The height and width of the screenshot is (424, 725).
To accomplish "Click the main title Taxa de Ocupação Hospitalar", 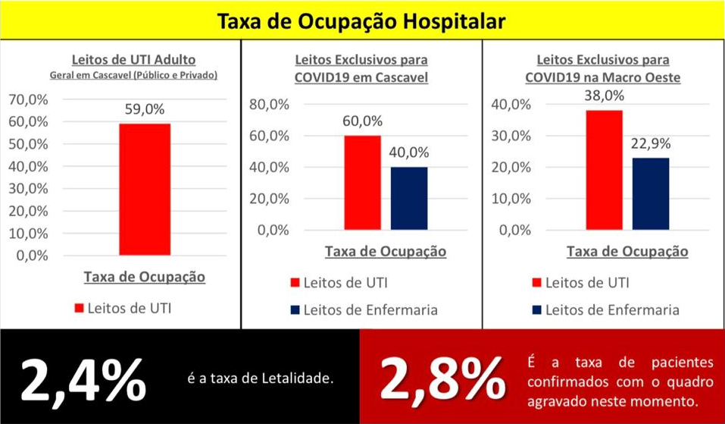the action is point(361,21).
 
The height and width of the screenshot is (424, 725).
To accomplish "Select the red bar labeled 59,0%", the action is point(145,190).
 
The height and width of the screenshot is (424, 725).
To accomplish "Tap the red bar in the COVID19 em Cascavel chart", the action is point(362,182).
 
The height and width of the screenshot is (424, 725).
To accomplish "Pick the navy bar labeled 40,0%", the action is point(409,198).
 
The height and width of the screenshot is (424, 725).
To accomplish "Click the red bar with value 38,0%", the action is point(605,170).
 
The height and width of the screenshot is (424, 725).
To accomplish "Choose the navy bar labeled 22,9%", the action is point(651,193).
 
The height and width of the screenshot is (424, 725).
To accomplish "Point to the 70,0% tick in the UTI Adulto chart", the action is point(29,99).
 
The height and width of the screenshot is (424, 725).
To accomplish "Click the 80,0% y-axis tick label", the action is point(270,105).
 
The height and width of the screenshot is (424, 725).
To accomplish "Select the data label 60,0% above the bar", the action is point(362,121).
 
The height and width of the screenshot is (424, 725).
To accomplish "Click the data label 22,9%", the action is point(651,143).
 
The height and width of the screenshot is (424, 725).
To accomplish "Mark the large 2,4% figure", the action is point(83,379).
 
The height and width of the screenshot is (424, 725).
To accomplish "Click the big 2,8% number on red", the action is point(442,378).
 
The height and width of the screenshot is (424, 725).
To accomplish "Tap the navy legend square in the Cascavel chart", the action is point(295,309).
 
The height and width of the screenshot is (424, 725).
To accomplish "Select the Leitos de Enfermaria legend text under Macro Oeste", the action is point(613,309).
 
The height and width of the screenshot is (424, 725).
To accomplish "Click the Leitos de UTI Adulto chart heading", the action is point(133,60).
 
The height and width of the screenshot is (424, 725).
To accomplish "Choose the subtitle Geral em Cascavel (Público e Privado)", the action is point(133,75).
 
